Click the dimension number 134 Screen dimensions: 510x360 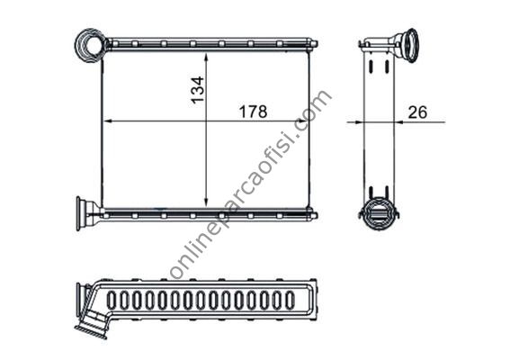coord(197,90)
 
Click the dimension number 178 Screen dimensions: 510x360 coord(253,112)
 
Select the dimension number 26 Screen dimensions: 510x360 coord(417,112)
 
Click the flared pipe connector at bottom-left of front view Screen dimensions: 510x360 coord(88,213)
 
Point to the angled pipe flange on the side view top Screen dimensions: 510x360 coord(407,45)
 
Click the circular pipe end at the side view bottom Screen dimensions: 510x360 coord(380,213)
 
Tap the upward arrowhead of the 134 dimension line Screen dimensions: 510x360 coord(206,58)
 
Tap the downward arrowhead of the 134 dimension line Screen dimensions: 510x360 coord(206,202)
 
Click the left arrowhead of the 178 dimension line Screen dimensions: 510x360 coord(108,121)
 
